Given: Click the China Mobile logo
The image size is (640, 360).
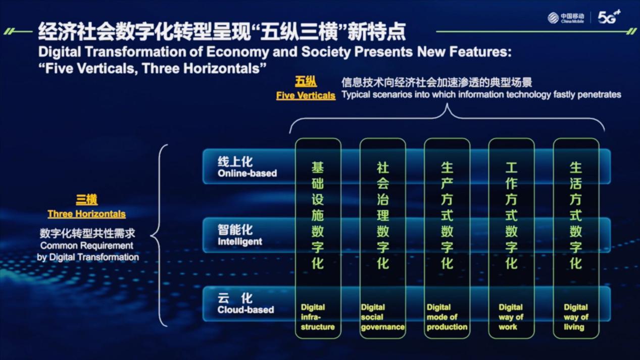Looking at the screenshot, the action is tap(566, 18).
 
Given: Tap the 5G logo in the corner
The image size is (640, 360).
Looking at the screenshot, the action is tap(609, 17).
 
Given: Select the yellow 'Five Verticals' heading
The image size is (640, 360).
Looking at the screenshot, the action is tap(306, 95).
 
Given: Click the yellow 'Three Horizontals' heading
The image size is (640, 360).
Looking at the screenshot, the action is tap(86, 214).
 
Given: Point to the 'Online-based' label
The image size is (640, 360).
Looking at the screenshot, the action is tap(247, 173).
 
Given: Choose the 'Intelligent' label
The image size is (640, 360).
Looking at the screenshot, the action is tap(240, 241).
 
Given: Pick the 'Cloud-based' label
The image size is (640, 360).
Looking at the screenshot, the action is tap(245, 310).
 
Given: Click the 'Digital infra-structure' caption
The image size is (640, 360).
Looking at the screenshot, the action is tap(317, 317).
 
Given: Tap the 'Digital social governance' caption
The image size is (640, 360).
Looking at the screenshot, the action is tap(382, 317).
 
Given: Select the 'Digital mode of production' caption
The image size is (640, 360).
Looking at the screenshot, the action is tap(447, 317).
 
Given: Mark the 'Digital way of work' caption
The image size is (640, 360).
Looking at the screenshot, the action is tap(511, 317).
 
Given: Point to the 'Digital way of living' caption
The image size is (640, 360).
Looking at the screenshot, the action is tap(576, 317).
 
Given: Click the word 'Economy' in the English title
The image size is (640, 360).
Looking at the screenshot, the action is tap(237, 52).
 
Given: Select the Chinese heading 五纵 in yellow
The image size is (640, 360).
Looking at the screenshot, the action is tap(306, 81).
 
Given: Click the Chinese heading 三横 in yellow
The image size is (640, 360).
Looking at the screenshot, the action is tap(86, 199).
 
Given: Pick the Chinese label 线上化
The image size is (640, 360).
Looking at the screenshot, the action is tap(235, 162).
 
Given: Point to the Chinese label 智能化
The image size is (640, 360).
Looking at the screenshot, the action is tap(235, 230).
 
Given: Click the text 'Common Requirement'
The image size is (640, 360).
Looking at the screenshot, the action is tap(86, 246).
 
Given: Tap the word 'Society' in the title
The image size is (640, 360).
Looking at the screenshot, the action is tap(326, 52).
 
